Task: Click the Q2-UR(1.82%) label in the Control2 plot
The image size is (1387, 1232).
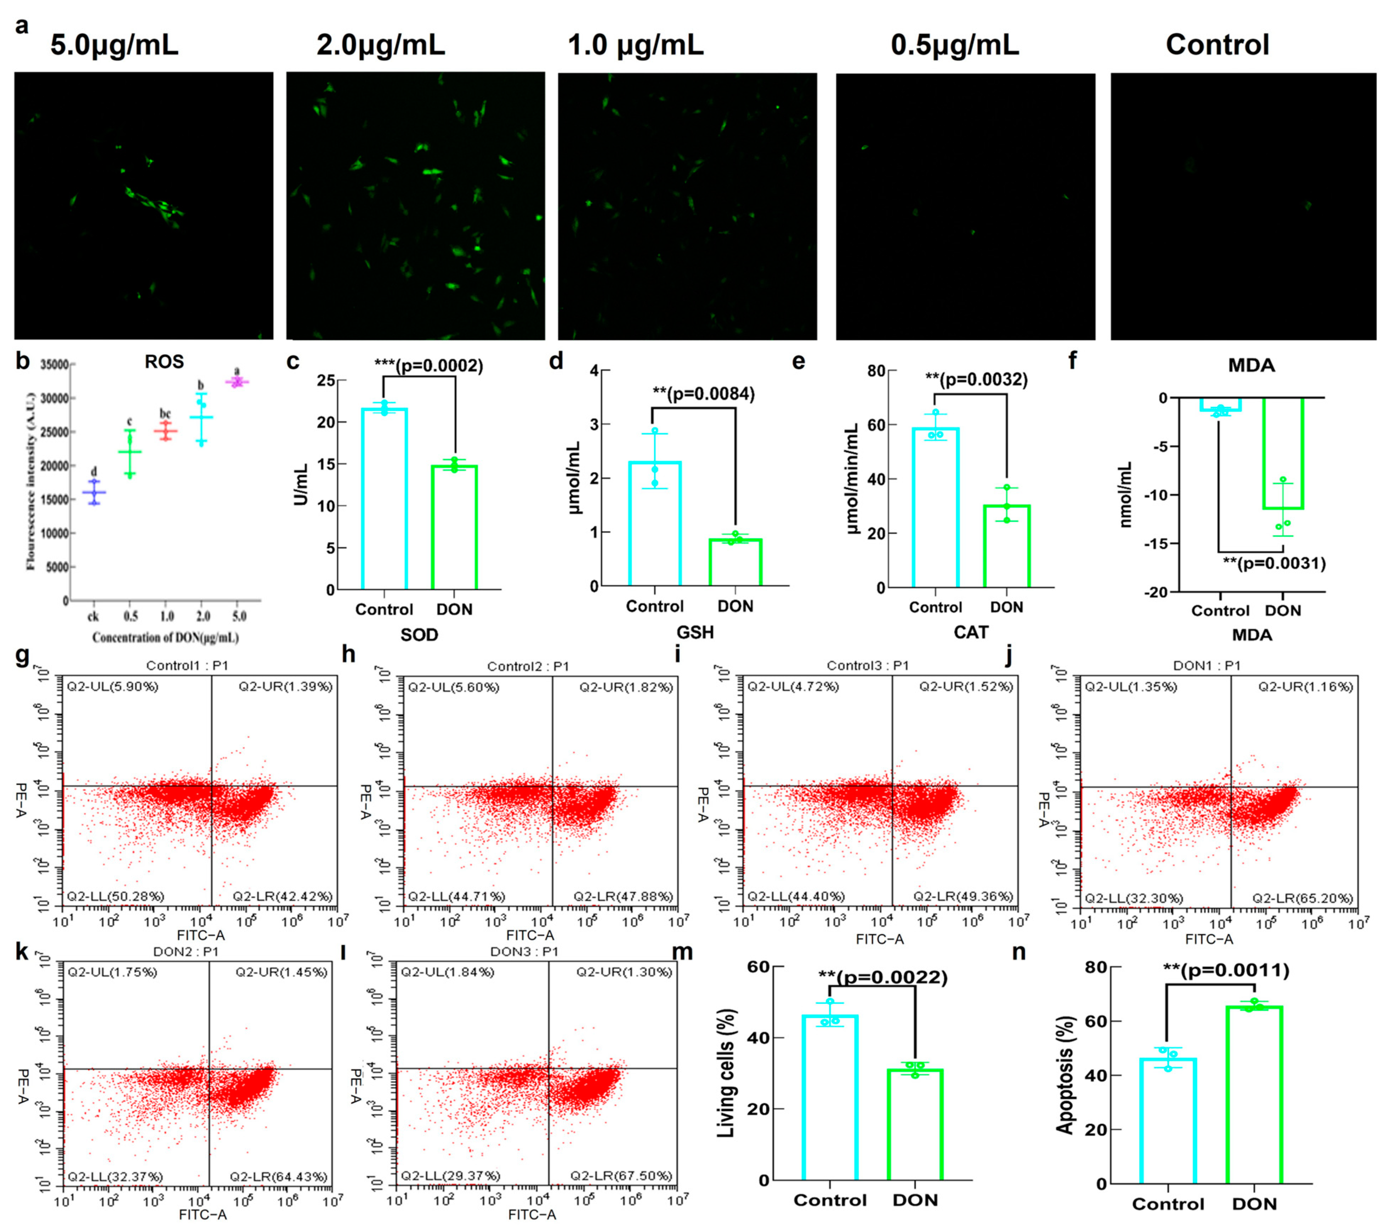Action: [x=626, y=687]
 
